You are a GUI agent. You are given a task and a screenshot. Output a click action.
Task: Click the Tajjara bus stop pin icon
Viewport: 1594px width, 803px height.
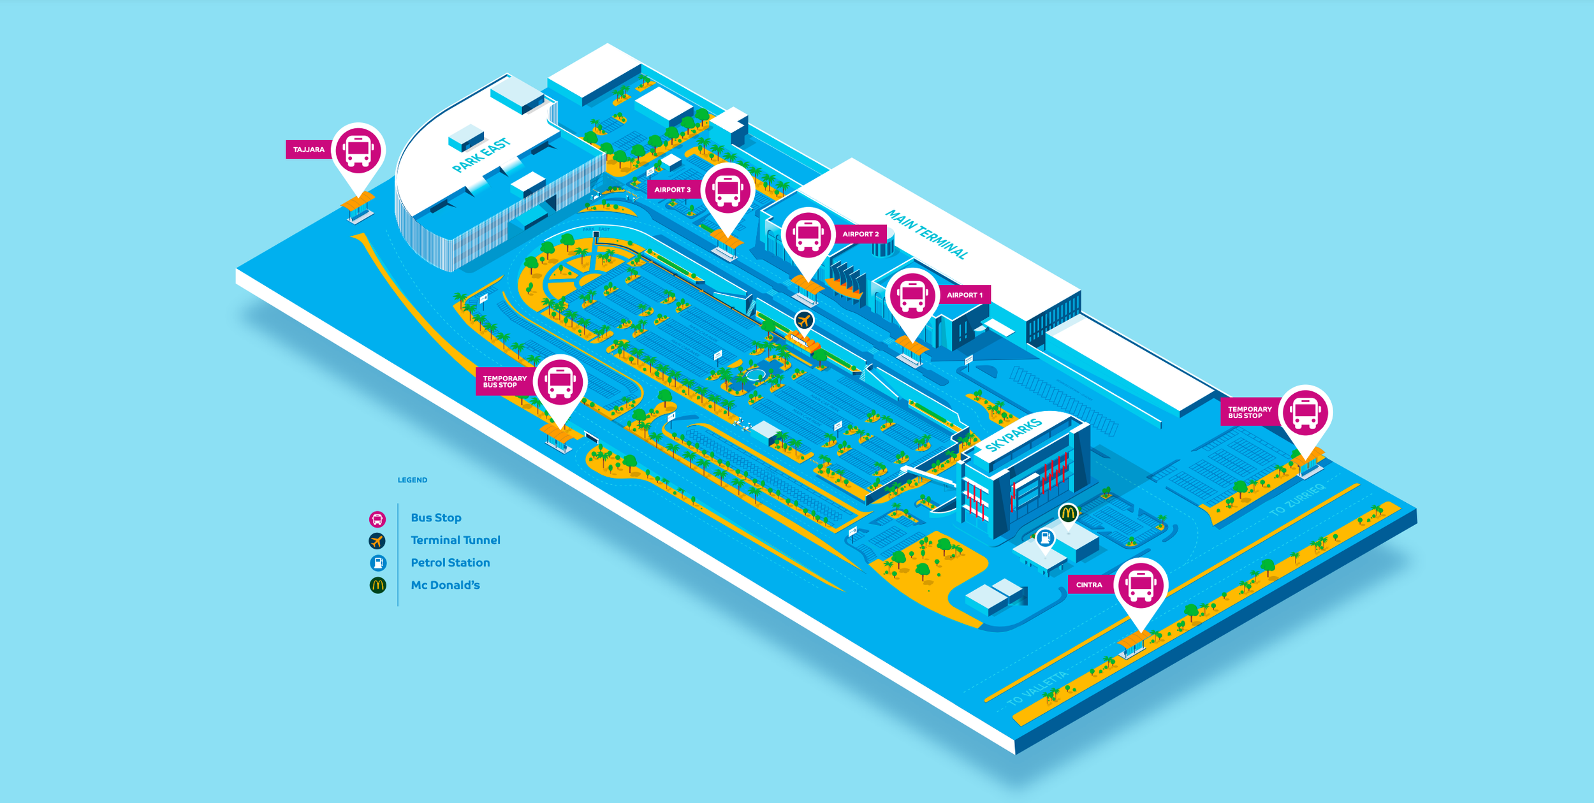click(x=358, y=150)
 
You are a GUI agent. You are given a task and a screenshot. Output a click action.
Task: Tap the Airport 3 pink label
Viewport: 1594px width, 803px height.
click(x=673, y=190)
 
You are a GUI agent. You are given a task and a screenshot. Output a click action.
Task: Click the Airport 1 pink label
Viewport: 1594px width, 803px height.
click(x=964, y=295)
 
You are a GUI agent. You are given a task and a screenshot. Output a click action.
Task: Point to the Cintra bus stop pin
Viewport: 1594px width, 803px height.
click(x=1141, y=585)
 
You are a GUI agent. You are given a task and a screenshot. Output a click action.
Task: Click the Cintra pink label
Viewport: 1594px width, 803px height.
click(x=1089, y=585)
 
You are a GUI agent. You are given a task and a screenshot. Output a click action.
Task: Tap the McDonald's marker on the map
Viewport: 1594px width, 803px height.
click(x=1068, y=513)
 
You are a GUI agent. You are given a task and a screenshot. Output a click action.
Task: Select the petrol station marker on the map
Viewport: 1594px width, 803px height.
click(x=1045, y=538)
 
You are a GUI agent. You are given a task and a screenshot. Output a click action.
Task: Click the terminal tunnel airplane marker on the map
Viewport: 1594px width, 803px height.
click(x=804, y=320)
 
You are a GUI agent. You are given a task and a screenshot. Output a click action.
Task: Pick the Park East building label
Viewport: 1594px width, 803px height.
click(x=481, y=156)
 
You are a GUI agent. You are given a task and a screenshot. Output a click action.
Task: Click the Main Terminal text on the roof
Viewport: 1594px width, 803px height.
click(x=926, y=235)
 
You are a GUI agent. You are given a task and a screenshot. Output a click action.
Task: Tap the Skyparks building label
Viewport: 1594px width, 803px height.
click(x=1013, y=434)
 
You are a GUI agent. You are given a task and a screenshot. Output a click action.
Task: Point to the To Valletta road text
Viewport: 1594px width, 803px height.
click(x=1037, y=688)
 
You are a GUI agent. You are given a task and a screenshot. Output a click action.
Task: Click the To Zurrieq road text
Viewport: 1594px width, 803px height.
click(x=1297, y=500)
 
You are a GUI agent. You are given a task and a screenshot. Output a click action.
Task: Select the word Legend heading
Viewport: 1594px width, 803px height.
click(x=413, y=480)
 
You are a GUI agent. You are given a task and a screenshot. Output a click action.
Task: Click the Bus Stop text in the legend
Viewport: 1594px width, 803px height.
click(x=436, y=517)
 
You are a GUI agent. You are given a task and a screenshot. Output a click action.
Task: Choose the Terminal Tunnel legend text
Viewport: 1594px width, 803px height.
click(x=455, y=540)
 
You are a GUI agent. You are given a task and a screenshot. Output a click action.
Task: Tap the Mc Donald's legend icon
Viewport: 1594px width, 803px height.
click(x=378, y=585)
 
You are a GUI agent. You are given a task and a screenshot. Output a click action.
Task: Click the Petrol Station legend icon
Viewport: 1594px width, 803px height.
click(x=378, y=563)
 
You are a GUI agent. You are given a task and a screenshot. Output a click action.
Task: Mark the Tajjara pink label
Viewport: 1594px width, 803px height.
click(x=309, y=150)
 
